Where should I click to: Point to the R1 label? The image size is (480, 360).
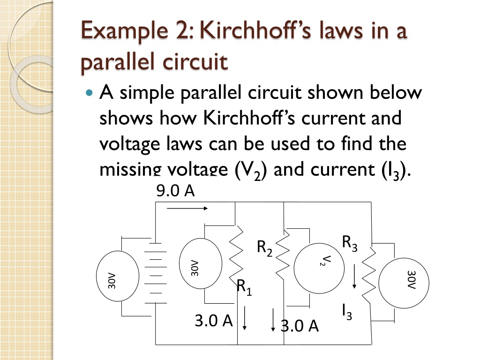[244, 286]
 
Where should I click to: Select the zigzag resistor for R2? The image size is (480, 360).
[284, 256]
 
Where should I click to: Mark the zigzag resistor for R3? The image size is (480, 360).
[369, 277]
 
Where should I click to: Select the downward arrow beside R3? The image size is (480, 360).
[355, 276]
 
